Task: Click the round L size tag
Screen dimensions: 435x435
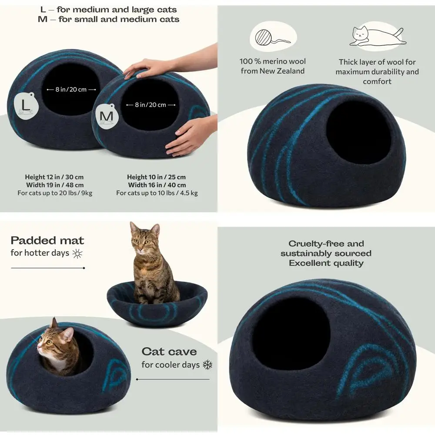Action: pyautogui.click(x=26, y=106)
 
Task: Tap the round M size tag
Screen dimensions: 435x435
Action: pyautogui.click(x=107, y=117)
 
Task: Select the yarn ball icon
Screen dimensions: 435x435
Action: pyautogui.click(x=272, y=37)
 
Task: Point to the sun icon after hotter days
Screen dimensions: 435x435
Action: pyautogui.click(x=77, y=253)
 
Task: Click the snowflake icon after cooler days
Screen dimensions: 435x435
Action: pyautogui.click(x=207, y=365)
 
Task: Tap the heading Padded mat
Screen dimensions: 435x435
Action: pyautogui.click(x=47, y=241)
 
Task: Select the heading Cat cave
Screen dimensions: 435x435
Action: pyautogui.click(x=169, y=351)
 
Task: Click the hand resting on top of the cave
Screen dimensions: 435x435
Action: pyautogui.click(x=144, y=67)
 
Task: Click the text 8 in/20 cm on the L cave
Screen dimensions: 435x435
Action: pyautogui.click(x=71, y=89)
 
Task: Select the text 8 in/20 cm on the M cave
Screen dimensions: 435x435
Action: pyautogui.click(x=151, y=104)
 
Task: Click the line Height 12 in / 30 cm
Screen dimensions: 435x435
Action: pyautogui.click(x=54, y=177)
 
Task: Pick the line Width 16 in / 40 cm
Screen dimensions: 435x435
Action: pyautogui.click(x=157, y=185)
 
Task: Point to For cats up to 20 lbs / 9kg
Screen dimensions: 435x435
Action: pyautogui.click(x=55, y=193)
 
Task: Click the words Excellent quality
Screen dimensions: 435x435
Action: pyautogui.click(x=326, y=263)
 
